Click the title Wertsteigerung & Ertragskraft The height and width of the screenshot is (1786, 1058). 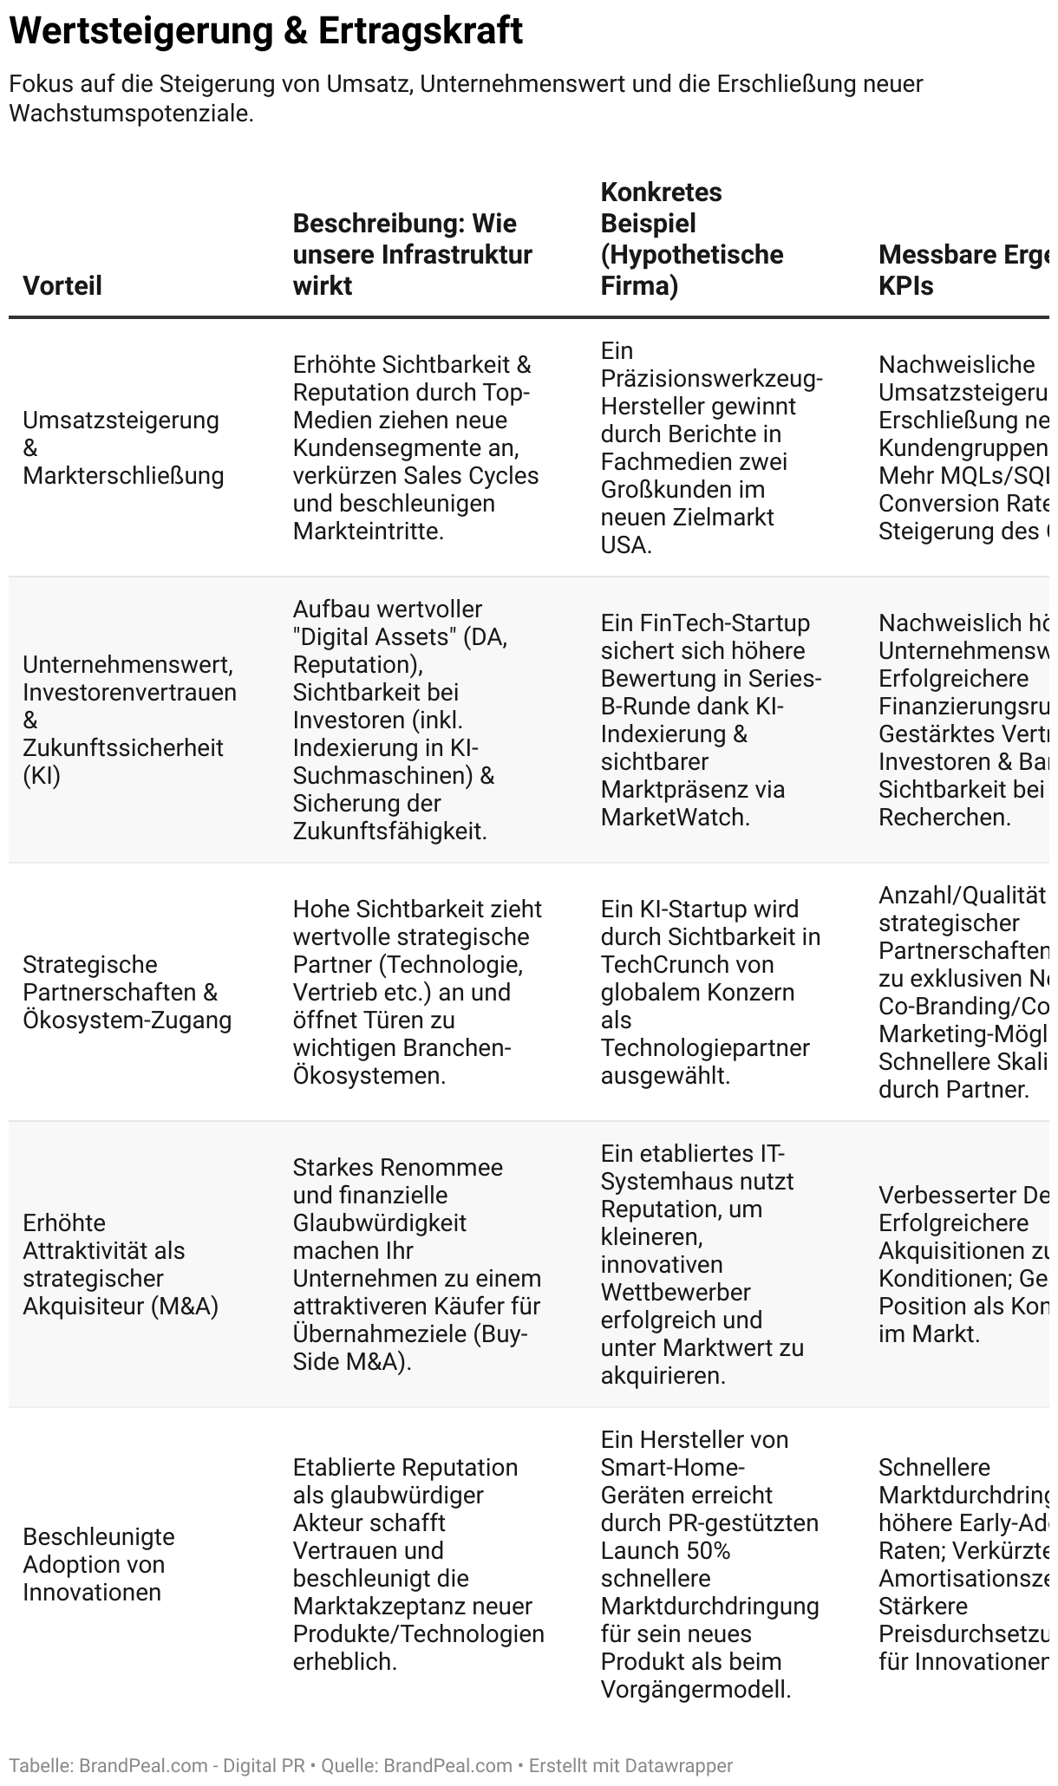[265, 31]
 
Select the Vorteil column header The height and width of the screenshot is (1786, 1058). [62, 285]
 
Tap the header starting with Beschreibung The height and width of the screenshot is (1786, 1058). [412, 254]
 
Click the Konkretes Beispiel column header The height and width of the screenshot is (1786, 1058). [691, 238]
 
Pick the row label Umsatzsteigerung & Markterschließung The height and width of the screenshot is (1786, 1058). [123, 447]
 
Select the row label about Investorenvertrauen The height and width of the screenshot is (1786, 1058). [129, 720]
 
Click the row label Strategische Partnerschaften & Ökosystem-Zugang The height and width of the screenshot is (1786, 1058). [127, 992]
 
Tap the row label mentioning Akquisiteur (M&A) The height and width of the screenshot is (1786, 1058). [121, 1264]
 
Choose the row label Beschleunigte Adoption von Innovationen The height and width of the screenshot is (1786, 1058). [99, 1564]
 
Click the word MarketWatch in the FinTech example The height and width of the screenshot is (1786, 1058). [673, 817]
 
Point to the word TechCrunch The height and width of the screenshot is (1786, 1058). [664, 964]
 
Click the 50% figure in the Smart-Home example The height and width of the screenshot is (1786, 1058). [709, 1550]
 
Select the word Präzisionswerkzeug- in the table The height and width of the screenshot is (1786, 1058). [712, 378]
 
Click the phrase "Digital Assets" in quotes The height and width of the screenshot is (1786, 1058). [375, 636]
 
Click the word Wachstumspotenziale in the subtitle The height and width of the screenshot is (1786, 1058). [129, 114]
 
